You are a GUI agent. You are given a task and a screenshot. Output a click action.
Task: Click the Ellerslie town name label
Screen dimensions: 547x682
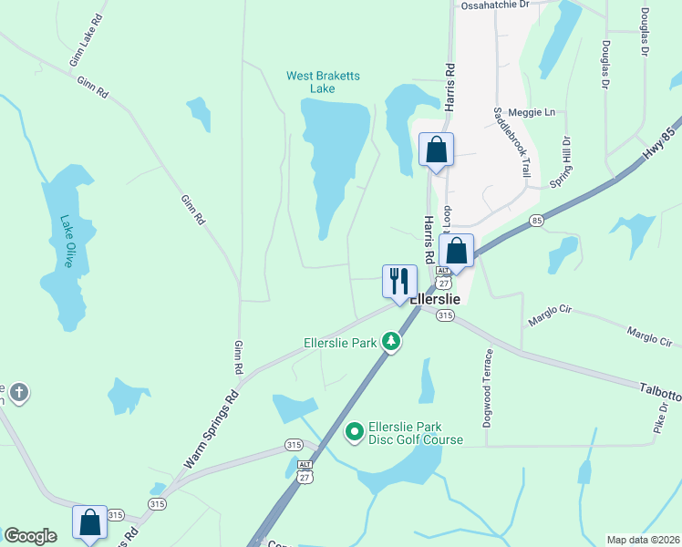(433, 299)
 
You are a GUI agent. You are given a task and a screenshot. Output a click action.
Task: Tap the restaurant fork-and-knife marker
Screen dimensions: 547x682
(398, 282)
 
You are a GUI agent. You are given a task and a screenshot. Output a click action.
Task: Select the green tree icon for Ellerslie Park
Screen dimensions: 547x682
(391, 342)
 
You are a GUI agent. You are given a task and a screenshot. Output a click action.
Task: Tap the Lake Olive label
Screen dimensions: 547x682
(67, 241)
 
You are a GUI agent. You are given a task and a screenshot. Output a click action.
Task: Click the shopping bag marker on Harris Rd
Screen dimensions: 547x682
(437, 150)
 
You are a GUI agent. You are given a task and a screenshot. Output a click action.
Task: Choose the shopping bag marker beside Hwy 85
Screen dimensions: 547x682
(456, 251)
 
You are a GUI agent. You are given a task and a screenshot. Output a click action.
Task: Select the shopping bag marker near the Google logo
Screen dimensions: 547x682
(89, 522)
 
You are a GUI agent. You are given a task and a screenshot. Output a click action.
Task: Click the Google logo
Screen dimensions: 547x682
(31, 536)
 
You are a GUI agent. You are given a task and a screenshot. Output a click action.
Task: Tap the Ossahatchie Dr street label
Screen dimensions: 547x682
(495, 5)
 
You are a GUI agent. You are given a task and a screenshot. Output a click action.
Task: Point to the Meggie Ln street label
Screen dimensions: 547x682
(538, 112)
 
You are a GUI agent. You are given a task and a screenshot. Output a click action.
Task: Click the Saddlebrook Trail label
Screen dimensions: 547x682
(511, 141)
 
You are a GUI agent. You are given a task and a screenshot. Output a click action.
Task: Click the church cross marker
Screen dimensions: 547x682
(18, 393)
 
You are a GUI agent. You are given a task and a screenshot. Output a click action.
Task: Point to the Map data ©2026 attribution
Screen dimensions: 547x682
(644, 540)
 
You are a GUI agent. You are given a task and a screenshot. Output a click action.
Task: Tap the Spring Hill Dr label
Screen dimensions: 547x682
(562, 162)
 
